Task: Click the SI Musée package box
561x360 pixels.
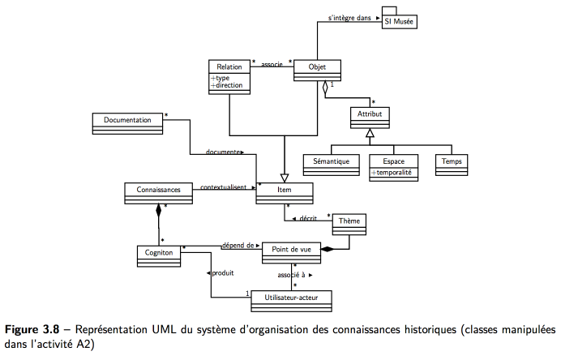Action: (x=400, y=21)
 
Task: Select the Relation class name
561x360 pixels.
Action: (x=229, y=67)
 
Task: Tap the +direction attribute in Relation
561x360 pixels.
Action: (x=227, y=85)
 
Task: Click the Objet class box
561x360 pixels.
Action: (x=317, y=71)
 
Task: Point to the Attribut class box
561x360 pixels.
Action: (x=370, y=118)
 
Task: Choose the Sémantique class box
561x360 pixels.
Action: (x=332, y=165)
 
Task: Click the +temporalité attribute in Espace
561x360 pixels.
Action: (x=391, y=173)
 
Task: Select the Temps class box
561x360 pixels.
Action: (x=452, y=165)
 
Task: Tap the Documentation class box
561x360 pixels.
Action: (x=127, y=124)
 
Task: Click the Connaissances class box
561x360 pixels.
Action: (x=159, y=194)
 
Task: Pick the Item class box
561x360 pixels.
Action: (x=285, y=194)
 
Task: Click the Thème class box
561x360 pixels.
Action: (x=349, y=225)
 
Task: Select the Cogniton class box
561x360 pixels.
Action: (x=159, y=256)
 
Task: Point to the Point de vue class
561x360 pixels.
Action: (x=291, y=253)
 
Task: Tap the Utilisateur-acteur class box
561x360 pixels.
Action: (x=291, y=301)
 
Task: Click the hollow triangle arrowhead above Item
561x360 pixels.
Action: (x=285, y=178)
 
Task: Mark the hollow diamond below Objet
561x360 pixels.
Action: (x=325, y=88)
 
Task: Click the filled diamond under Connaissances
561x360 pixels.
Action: (x=159, y=211)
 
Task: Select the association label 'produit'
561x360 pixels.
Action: (x=223, y=273)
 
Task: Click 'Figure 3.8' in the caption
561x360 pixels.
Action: (x=32, y=329)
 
